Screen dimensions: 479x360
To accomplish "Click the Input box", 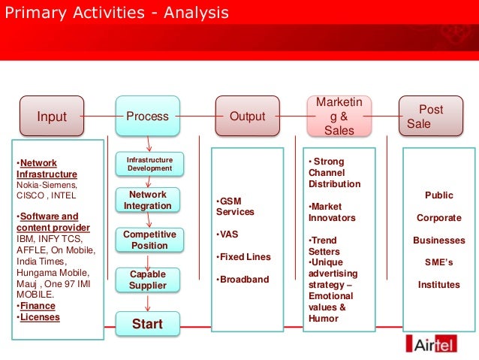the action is (53, 116).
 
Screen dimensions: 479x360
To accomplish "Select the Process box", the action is (148, 116).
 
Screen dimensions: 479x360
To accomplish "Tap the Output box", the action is (248, 116).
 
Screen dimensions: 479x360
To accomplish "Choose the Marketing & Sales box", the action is (339, 116).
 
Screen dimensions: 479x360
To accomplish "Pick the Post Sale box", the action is (430, 116).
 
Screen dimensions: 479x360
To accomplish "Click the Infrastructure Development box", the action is (149, 164).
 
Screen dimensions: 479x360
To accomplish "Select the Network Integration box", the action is (148, 200).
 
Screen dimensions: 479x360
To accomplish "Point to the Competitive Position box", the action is (149, 240).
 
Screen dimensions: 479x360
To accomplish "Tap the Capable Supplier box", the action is (148, 280).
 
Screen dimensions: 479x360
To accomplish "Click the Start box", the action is (148, 324).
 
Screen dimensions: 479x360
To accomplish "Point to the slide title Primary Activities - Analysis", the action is (117, 14).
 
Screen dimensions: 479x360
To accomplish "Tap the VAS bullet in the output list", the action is (229, 234).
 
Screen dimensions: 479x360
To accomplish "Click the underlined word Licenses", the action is (39, 316).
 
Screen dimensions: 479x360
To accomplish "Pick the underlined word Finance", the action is (38, 306).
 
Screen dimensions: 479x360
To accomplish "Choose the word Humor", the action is (323, 318).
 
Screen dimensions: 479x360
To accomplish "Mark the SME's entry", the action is (438, 262).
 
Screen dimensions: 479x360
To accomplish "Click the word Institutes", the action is (438, 285).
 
